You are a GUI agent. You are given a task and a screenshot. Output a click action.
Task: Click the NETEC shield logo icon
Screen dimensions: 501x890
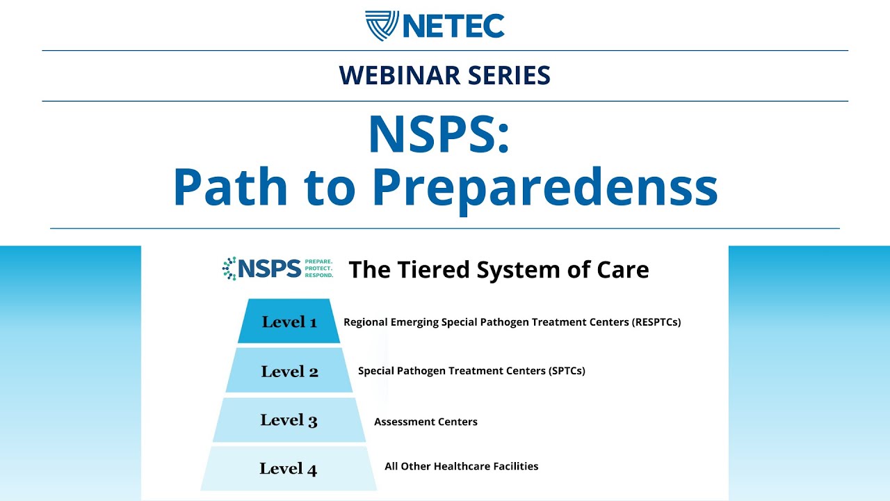[382, 26]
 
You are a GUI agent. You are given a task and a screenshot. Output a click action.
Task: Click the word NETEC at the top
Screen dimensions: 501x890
[453, 26]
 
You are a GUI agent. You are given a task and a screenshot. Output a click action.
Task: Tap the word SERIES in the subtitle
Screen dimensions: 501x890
[508, 75]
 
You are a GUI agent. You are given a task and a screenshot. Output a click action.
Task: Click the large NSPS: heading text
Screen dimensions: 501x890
[439, 134]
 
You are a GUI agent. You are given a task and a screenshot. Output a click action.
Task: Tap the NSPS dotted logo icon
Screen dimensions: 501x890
[229, 269]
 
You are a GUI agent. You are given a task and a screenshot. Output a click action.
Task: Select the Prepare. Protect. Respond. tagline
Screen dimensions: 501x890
[319, 269]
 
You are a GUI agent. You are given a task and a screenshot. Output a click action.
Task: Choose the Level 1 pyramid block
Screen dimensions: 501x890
[289, 321]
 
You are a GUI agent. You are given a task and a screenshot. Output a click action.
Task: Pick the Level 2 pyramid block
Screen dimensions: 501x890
[289, 371]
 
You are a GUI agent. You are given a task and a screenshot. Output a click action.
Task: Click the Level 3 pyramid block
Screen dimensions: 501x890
[289, 420]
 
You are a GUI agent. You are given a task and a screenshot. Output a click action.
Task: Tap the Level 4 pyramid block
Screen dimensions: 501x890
[289, 469]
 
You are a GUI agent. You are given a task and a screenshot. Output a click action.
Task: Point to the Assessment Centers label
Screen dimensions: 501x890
[426, 422]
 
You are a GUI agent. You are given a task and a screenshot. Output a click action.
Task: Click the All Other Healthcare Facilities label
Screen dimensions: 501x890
[462, 466]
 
